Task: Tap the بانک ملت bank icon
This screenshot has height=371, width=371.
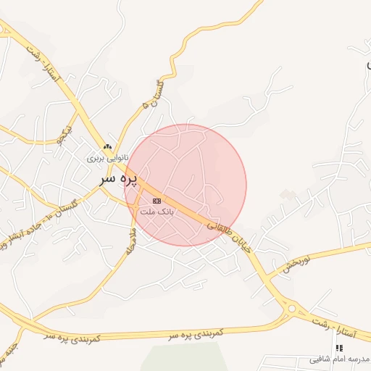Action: [x=157, y=201]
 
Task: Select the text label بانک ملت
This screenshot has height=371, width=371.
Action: [x=157, y=212]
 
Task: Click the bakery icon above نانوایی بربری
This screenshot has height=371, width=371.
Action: [x=107, y=146]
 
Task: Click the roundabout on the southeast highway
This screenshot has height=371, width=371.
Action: [x=292, y=309]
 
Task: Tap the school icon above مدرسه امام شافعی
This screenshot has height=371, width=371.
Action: [x=339, y=349]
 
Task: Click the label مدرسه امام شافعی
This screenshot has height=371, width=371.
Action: [x=339, y=359]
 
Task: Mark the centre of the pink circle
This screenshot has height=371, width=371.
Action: [x=185, y=185]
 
